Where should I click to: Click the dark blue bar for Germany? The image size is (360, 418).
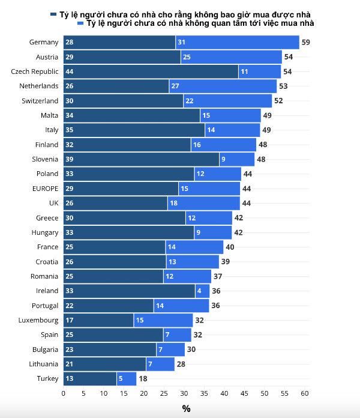point(119,43)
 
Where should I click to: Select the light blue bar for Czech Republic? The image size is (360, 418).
point(259,71)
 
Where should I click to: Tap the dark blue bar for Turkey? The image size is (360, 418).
point(90,378)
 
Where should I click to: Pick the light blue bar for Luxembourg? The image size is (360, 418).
point(163,320)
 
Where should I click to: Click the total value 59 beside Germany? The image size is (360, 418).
point(305,43)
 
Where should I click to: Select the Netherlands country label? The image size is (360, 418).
point(39,86)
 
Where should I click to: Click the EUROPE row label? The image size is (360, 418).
point(45,189)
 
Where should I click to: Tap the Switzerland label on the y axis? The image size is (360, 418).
point(40,101)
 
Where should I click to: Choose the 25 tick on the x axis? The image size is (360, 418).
point(164,393)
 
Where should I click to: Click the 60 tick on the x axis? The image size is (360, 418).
point(305,393)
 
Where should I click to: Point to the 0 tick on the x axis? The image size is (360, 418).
point(64,393)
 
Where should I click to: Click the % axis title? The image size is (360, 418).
point(186,408)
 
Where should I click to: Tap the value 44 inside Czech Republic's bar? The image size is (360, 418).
point(70,71)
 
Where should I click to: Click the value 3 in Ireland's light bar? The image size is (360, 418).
point(199,291)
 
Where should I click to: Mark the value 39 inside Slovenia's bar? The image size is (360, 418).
point(70,159)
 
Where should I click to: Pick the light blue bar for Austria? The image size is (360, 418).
point(231,57)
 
